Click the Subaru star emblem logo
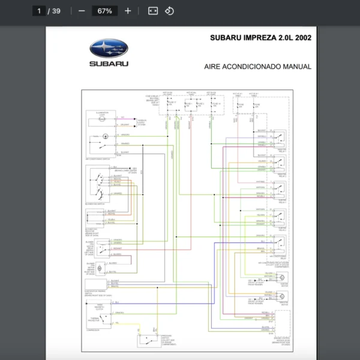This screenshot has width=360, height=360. [x=109, y=49]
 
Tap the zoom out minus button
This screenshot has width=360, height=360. [x=81, y=11]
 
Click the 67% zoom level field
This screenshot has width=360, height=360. [x=104, y=11]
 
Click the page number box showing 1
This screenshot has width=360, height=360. [x=40, y=11]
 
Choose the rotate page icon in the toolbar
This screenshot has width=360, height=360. [x=170, y=11]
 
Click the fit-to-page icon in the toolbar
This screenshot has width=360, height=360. [x=153, y=11]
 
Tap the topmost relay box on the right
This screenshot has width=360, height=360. [x=280, y=139]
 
